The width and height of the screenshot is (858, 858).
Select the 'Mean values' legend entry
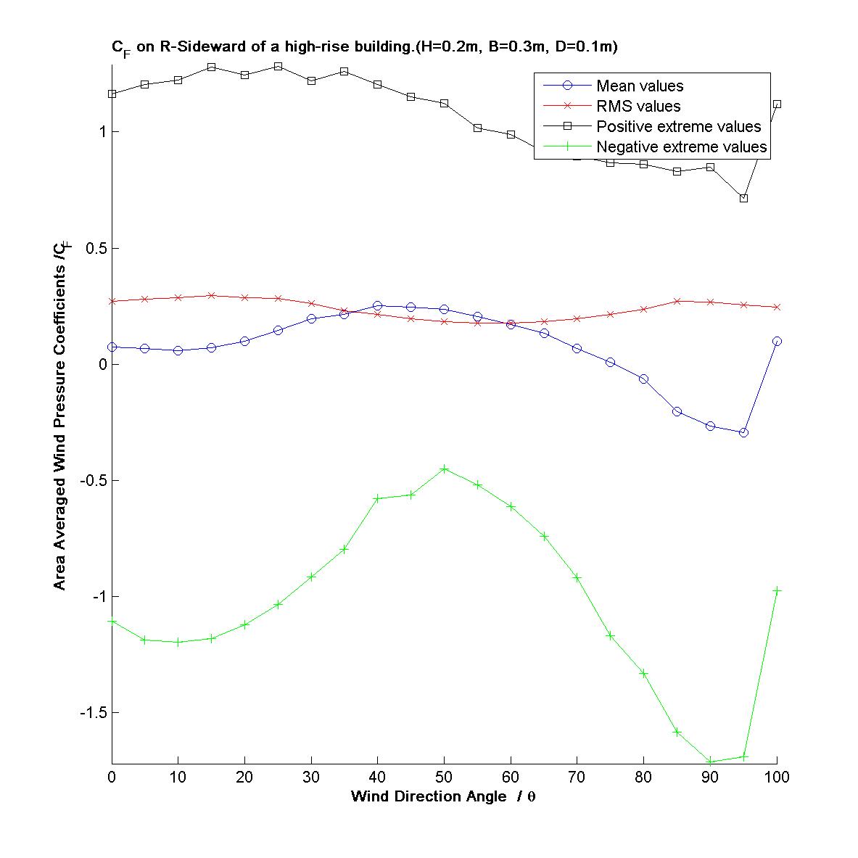(640, 86)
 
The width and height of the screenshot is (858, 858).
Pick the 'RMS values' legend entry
(638, 107)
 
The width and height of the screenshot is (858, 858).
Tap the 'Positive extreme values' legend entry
(678, 127)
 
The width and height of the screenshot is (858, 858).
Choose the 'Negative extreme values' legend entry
(681, 147)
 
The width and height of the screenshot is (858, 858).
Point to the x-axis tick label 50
(445, 777)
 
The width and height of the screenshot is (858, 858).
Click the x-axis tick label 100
(777, 777)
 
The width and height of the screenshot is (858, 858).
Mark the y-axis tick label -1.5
(92, 713)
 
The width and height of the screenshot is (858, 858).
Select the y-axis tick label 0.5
(96, 249)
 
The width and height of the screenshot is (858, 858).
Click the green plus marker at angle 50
(445, 469)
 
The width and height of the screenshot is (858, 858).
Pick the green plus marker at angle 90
(710, 762)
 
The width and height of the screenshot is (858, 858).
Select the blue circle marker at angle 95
(743, 432)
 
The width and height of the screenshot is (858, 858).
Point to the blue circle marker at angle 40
(378, 306)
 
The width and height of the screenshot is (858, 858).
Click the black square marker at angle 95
(743, 198)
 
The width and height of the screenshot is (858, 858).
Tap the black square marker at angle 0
(112, 94)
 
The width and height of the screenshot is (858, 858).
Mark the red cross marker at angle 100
(777, 308)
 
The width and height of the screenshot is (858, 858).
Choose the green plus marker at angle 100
(777, 590)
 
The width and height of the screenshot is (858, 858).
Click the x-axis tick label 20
(245, 777)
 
